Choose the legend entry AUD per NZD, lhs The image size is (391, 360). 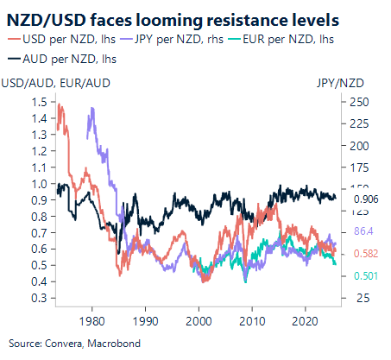[x=64, y=59]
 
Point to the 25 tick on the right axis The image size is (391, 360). [x=360, y=298]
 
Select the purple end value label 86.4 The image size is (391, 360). [x=363, y=232]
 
